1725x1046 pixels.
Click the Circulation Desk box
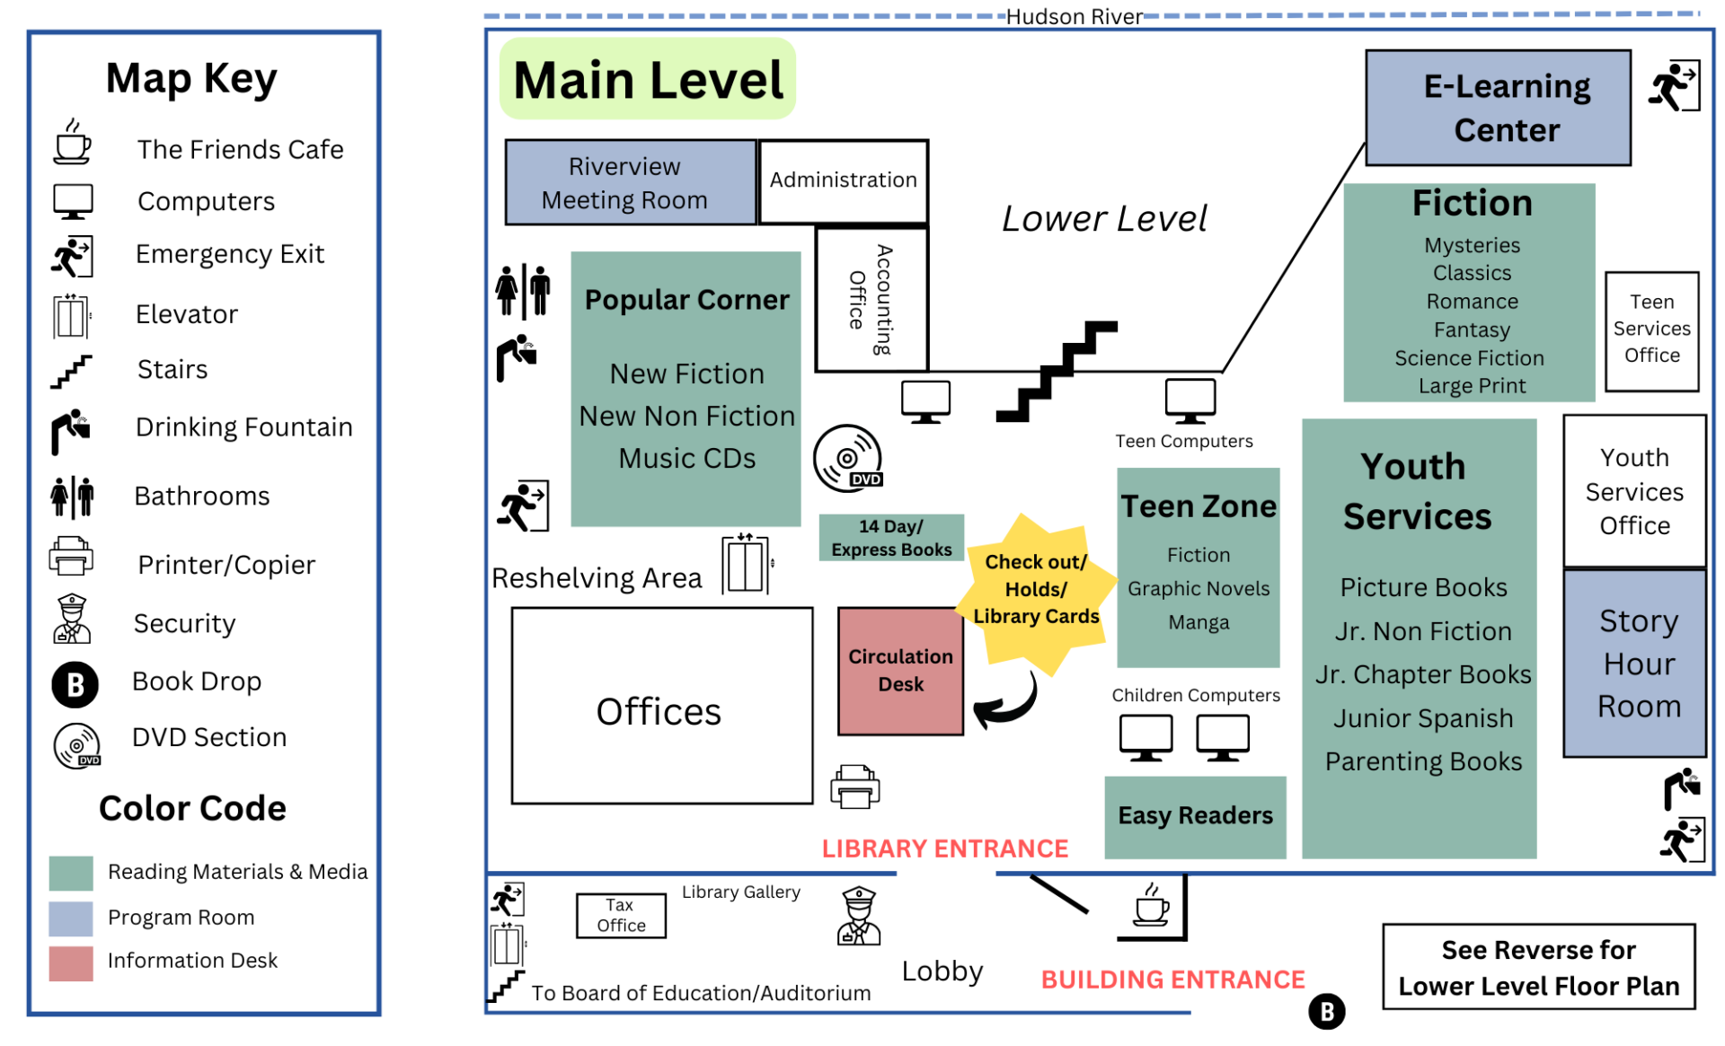900,671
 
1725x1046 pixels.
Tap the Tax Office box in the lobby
621,915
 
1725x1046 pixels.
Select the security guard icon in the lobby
859,916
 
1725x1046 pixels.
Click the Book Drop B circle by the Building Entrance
1326,1011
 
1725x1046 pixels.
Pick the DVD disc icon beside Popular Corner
847,458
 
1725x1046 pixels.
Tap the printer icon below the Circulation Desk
855,787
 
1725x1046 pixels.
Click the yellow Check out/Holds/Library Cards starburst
1036,590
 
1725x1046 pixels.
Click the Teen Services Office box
1651,330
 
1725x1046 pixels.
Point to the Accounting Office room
871,300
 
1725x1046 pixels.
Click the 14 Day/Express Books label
891,538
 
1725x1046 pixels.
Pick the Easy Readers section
1195,816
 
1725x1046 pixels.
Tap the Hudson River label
1074,17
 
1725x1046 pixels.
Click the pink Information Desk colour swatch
71,962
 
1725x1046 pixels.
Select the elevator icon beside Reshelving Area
747,565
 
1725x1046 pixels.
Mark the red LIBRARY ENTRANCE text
945,848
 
